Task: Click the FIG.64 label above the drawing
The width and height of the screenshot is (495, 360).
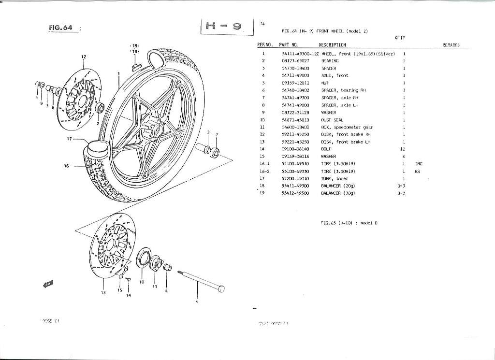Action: pyautogui.click(x=60, y=28)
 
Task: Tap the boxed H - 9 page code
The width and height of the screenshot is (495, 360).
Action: pyautogui.click(x=227, y=27)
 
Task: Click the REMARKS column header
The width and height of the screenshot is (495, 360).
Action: pyautogui.click(x=451, y=45)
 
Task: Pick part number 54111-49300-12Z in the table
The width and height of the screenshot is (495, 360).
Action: pyautogui.click(x=300, y=54)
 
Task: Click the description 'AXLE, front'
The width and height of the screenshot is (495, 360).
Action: pyautogui.click(x=335, y=75)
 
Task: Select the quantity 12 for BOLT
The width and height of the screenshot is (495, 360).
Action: pyautogui.click(x=402, y=149)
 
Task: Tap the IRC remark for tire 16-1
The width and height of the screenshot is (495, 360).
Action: pyautogui.click(x=419, y=164)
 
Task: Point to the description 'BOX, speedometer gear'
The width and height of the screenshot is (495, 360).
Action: pyautogui.click(x=347, y=127)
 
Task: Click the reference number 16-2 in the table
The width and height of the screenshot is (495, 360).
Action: pyautogui.click(x=264, y=171)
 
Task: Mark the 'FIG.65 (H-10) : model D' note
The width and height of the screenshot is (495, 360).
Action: pyautogui.click(x=349, y=223)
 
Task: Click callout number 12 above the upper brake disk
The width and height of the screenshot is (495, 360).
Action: pyautogui.click(x=83, y=57)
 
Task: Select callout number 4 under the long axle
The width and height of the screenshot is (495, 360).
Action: pyautogui.click(x=197, y=302)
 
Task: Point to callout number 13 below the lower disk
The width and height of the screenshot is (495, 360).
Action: pyautogui.click(x=103, y=293)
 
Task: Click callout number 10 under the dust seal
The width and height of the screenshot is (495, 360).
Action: pyautogui.click(x=142, y=282)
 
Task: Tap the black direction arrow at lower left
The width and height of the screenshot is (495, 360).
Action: pyautogui.click(x=48, y=284)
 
